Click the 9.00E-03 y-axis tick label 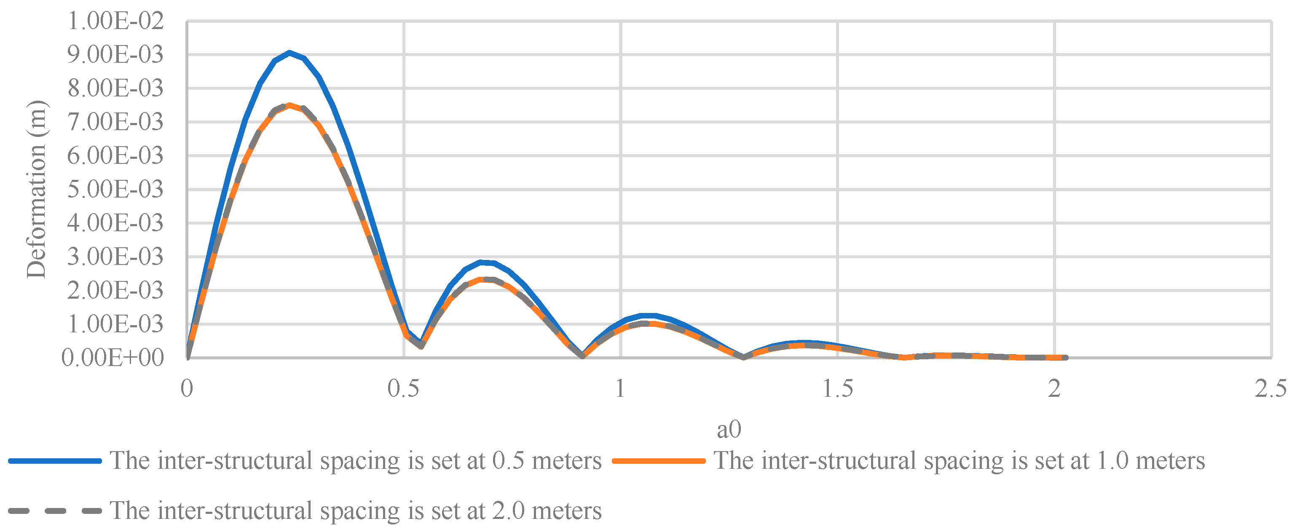(115, 55)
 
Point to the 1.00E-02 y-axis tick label (115, 21)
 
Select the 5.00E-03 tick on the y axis (115, 190)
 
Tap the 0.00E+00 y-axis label (113, 358)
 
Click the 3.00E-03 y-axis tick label (115, 257)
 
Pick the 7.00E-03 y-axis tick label (115, 122)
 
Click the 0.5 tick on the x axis (403, 389)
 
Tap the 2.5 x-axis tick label (1271, 389)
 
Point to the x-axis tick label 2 (1054, 389)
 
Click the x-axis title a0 (728, 429)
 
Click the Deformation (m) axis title (36, 190)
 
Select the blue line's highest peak (289, 52)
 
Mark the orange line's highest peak (289, 105)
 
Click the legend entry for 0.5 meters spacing (355, 460)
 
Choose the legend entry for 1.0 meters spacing (959, 460)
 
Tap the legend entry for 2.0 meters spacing (355, 511)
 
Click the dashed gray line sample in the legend (55, 511)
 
